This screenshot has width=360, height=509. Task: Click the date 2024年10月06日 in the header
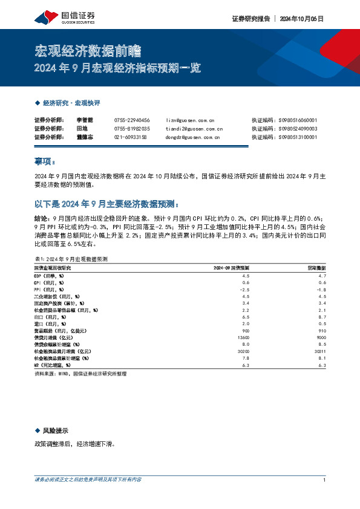coord(301,19)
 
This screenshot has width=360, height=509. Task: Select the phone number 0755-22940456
coord(132,120)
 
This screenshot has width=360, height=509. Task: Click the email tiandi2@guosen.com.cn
coord(194,129)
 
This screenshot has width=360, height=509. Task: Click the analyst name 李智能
coord(84,120)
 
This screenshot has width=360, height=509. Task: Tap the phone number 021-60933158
coord(130,137)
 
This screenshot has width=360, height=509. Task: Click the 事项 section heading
coord(44,161)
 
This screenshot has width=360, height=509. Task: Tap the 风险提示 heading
coord(55,430)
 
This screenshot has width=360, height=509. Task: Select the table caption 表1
coord(71,258)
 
